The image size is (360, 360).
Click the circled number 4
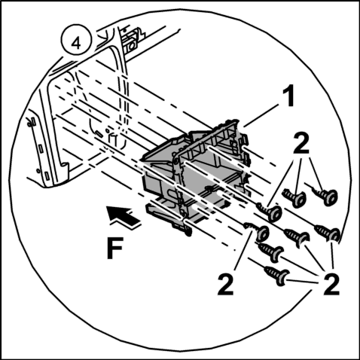click(x=76, y=40)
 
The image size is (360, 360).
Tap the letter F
click(x=114, y=248)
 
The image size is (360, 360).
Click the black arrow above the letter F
click(x=124, y=216)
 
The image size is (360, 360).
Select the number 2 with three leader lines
click(x=301, y=143)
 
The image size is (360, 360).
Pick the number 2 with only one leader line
click(x=225, y=285)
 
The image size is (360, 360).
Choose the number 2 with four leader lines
click(x=331, y=285)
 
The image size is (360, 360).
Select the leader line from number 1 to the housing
click(x=262, y=116)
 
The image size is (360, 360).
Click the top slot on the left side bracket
click(x=32, y=121)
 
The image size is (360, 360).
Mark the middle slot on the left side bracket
click(x=41, y=148)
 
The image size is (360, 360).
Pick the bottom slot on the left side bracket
click(x=47, y=175)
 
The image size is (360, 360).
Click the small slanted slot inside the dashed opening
click(x=99, y=133)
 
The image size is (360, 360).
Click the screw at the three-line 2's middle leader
click(x=294, y=197)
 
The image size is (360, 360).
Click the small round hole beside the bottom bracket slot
click(x=38, y=171)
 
